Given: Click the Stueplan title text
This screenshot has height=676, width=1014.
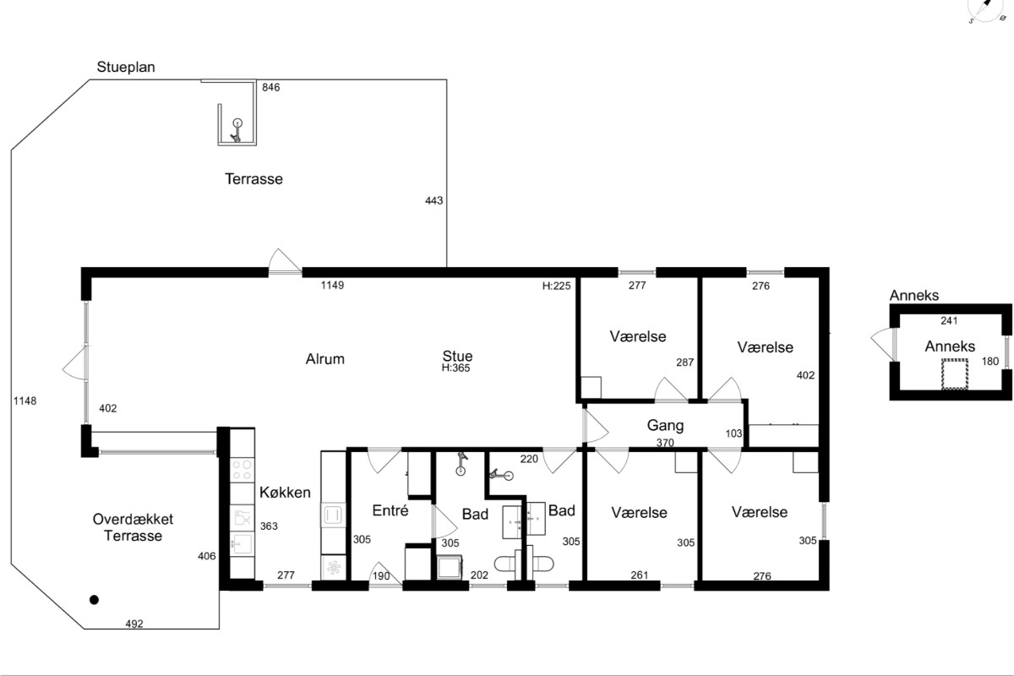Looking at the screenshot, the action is pyautogui.click(x=126, y=68).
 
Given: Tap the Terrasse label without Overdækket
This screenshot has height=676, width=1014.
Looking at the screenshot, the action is pyautogui.click(x=254, y=179).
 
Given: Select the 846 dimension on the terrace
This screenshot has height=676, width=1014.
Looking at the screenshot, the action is pyautogui.click(x=270, y=87).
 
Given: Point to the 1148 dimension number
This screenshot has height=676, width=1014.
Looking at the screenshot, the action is pyautogui.click(x=25, y=401).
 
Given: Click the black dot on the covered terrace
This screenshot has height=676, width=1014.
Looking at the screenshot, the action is pyautogui.click(x=94, y=600).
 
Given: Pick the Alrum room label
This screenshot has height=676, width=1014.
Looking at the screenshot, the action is pyautogui.click(x=325, y=359).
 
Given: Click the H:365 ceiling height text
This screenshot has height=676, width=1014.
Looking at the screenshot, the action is pyautogui.click(x=455, y=368).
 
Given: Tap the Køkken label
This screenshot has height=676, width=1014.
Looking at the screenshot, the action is pyautogui.click(x=286, y=492).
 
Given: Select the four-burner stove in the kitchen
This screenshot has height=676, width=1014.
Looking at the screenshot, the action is pyautogui.click(x=243, y=470).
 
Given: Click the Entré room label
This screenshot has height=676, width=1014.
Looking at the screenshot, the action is pyautogui.click(x=390, y=510).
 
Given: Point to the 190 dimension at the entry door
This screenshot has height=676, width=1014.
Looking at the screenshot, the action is pyautogui.click(x=381, y=576).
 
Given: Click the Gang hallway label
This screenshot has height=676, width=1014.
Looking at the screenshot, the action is pyautogui.click(x=666, y=426).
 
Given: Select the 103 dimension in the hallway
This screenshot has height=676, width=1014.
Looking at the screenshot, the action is pyautogui.click(x=733, y=433).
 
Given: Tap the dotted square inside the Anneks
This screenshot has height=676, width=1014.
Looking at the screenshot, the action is pyautogui.click(x=955, y=374).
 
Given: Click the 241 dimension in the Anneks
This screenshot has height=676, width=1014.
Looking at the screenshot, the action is pyautogui.click(x=949, y=321).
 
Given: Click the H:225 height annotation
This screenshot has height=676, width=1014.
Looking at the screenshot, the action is pyautogui.click(x=556, y=286).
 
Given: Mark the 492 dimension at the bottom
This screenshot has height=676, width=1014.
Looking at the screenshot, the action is pyautogui.click(x=134, y=624).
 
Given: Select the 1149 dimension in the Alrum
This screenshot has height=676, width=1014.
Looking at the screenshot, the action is pyautogui.click(x=332, y=286).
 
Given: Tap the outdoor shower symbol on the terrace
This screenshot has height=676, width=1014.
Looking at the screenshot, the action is pyautogui.click(x=237, y=130).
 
